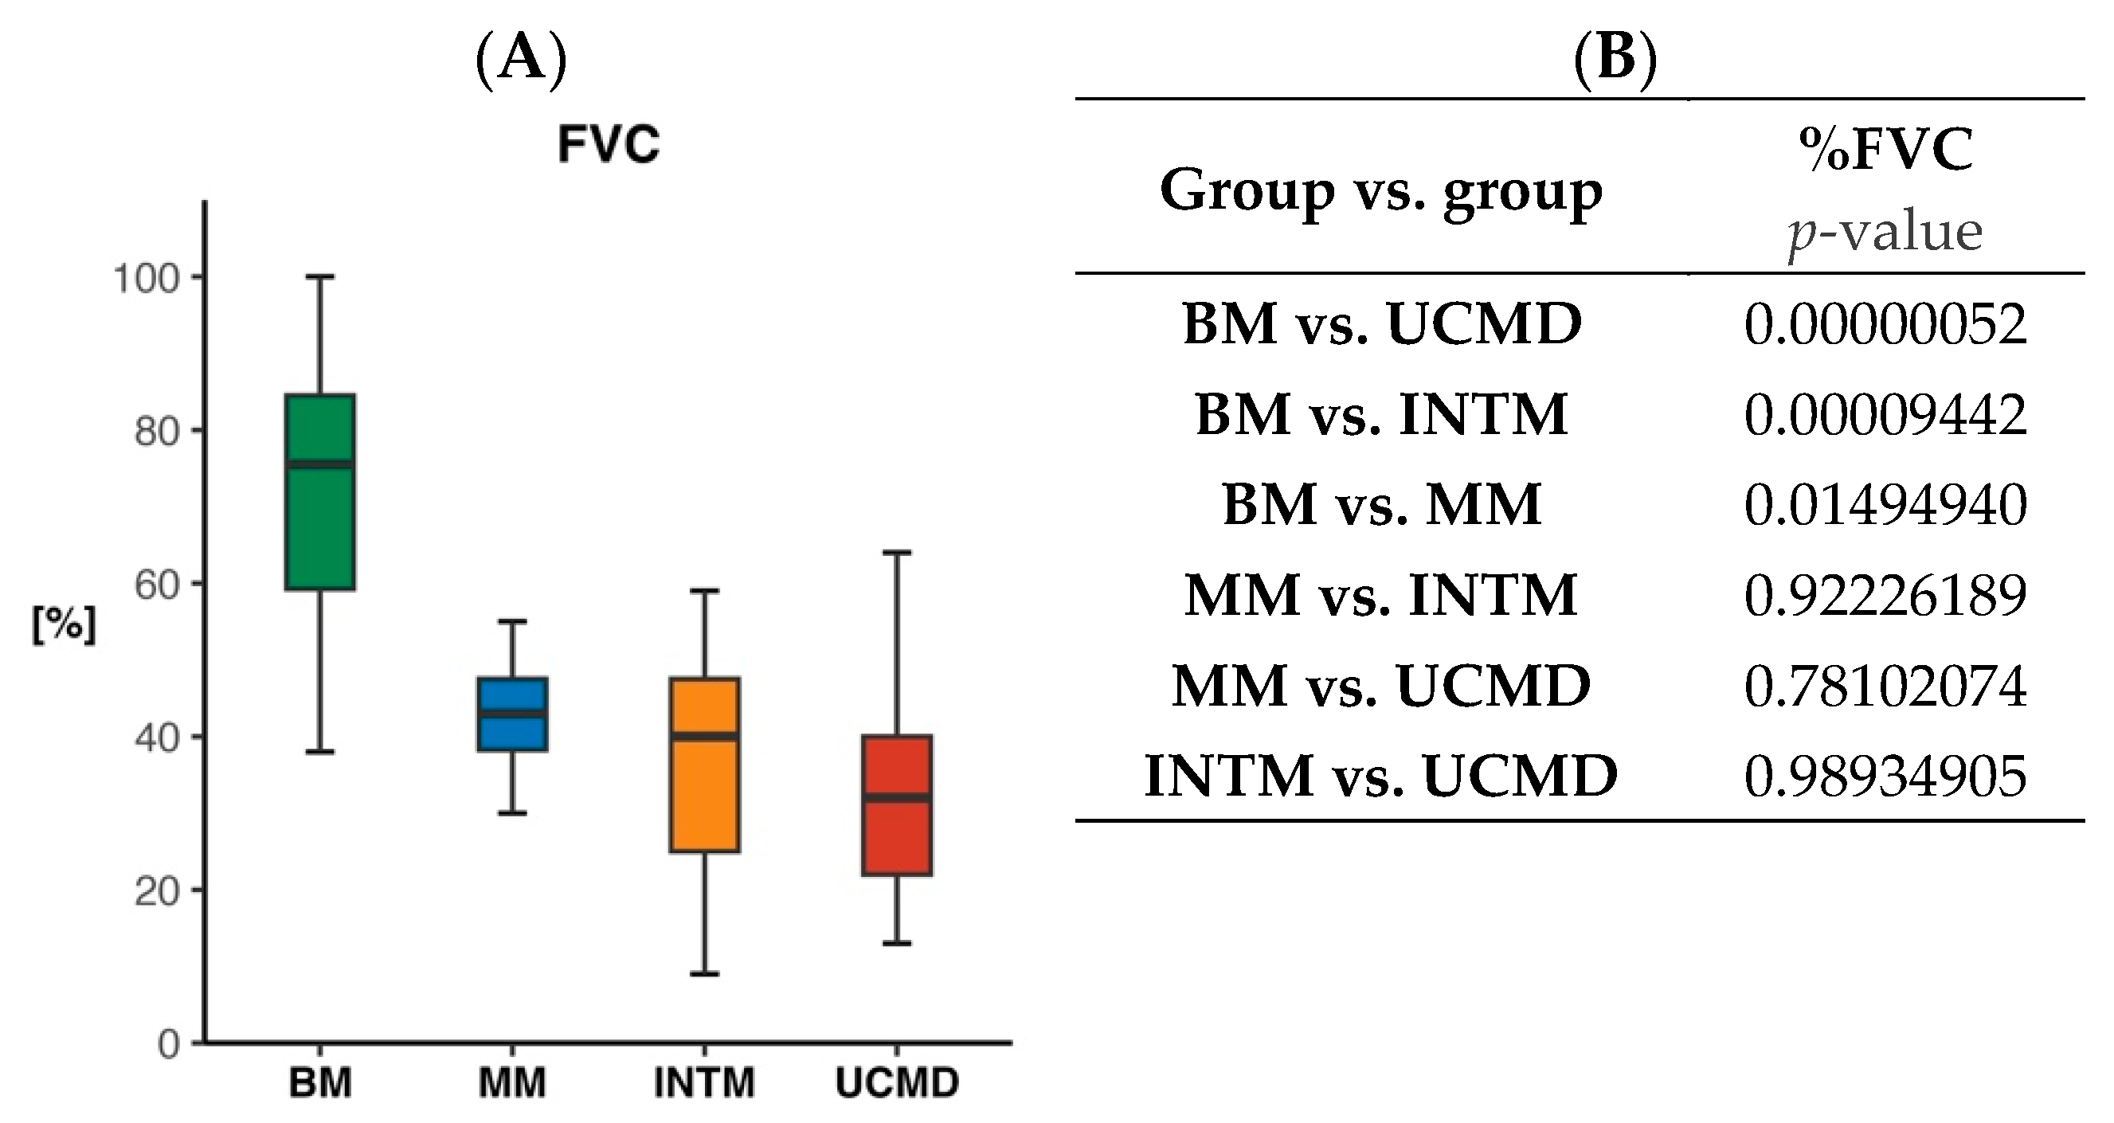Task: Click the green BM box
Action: point(320,525)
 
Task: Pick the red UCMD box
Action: point(897,837)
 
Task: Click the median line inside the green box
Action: point(320,464)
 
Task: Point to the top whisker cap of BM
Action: point(320,277)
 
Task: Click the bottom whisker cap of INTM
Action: point(705,974)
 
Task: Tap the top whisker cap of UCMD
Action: point(897,553)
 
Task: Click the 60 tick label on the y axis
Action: point(157,585)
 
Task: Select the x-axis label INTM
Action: point(705,1083)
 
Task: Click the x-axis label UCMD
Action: point(897,1083)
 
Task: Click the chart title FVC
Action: point(608,144)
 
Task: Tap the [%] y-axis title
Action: point(64,625)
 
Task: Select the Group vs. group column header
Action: point(1381,191)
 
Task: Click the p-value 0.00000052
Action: point(1885,324)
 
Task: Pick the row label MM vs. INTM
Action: point(1381,595)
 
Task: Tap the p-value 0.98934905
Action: point(1885,776)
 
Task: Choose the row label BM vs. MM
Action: point(1381,504)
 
